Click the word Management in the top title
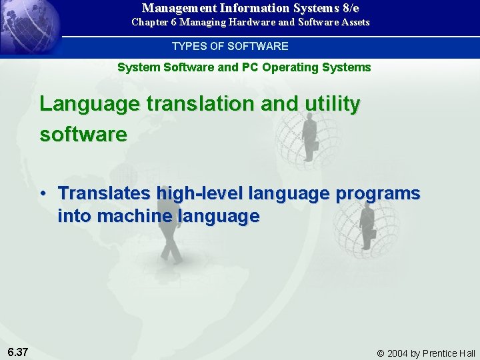174,8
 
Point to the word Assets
354,22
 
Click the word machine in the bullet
135,216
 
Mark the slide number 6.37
18,351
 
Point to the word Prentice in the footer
441,353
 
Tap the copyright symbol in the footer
381,353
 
